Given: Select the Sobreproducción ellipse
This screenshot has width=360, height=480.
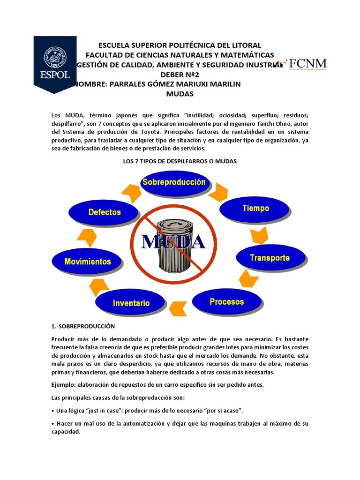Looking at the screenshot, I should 174,183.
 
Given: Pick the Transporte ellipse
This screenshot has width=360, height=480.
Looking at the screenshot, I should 270,258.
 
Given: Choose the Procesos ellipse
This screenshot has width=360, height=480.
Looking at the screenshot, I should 226,302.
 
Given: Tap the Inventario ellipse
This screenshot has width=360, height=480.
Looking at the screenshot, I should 131,303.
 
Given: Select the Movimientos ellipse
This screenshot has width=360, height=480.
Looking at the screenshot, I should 88,262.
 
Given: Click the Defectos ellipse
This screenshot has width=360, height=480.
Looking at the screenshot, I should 104,212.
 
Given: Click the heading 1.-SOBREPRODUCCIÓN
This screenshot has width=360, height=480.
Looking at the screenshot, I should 83,326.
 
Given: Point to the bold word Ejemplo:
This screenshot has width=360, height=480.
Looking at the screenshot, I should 64,385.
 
